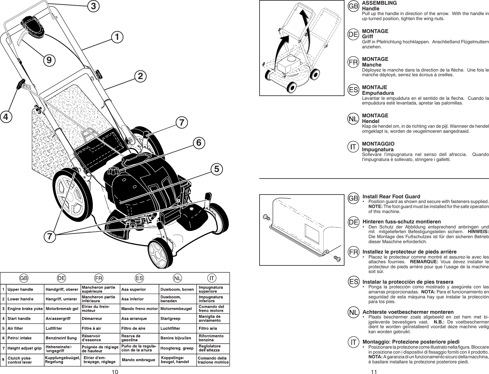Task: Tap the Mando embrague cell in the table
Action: click(138, 360)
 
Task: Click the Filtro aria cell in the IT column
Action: click(208, 329)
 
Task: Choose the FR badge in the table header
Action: click(99, 278)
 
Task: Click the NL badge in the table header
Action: click(178, 278)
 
